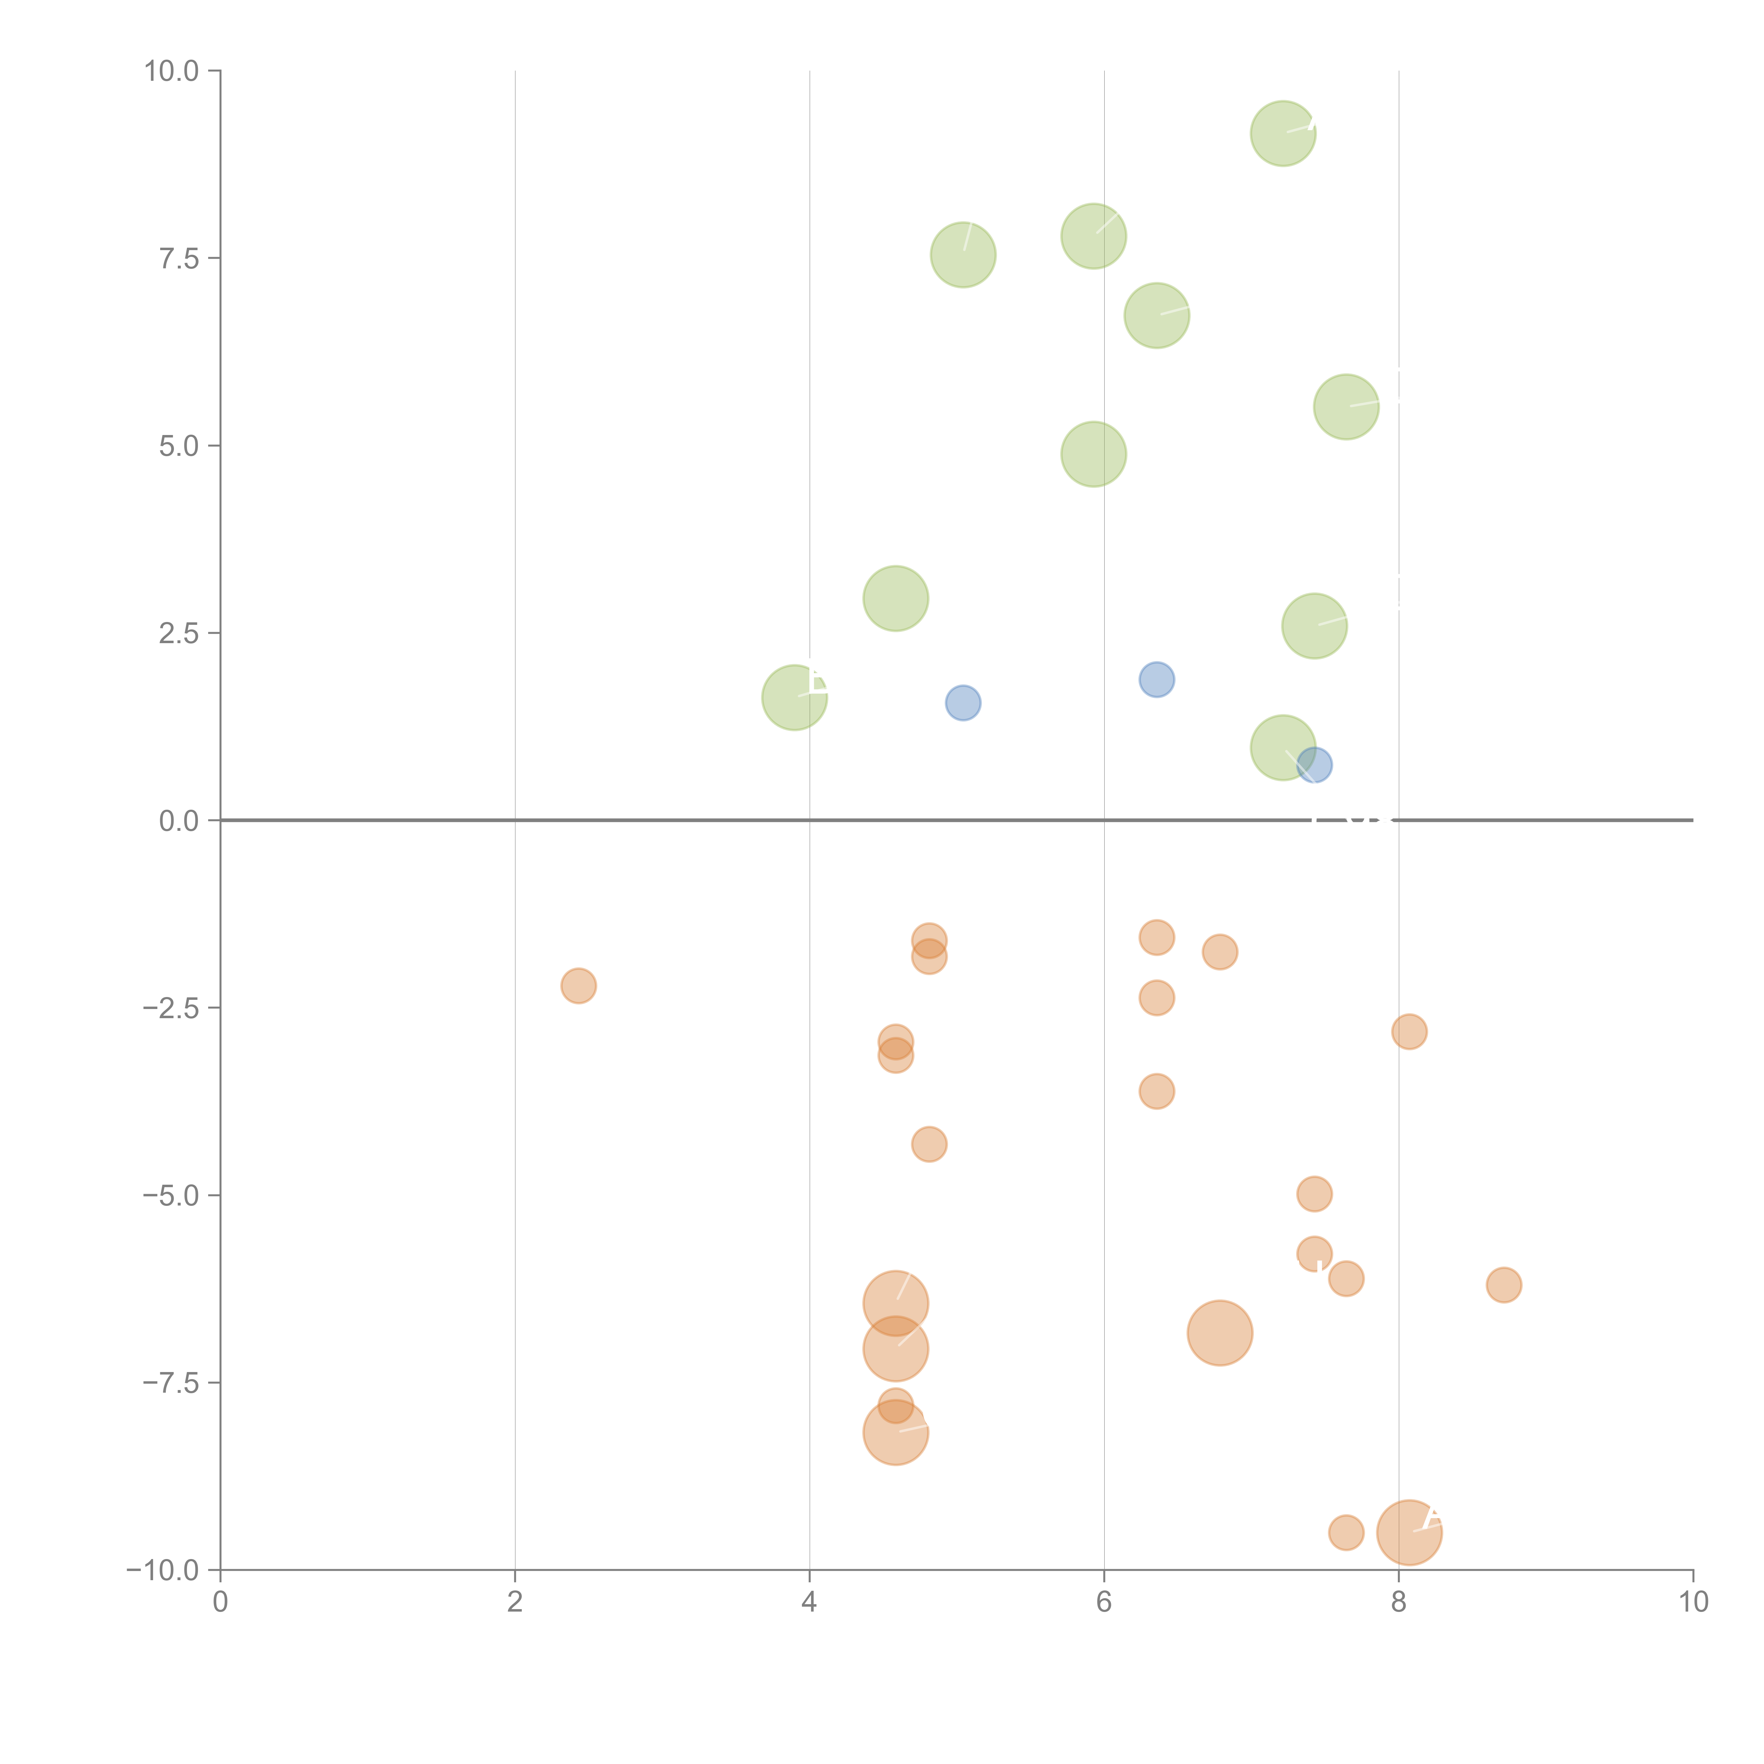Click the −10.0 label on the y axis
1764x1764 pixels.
point(163,1570)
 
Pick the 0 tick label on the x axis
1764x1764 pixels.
point(220,1602)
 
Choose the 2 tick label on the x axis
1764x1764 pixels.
point(515,1602)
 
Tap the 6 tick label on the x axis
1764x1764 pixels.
point(1104,1602)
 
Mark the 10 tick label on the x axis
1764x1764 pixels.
point(1693,1602)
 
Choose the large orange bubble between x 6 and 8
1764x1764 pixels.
point(1220,1333)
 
